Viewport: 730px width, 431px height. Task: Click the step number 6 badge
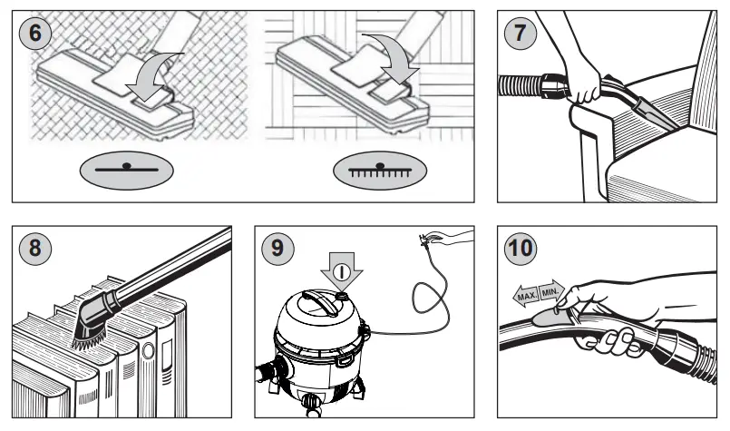click(x=34, y=34)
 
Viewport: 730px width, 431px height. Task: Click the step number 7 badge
click(x=521, y=34)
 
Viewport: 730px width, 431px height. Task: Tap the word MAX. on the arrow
click(x=523, y=297)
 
